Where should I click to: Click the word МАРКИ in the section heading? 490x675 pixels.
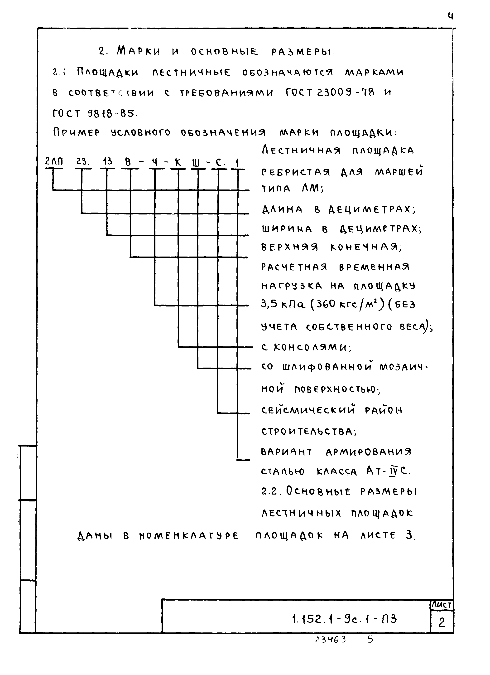139,51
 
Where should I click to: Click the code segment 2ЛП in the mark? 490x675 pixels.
54,162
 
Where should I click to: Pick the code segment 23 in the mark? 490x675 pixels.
82,162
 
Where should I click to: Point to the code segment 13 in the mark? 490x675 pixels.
107,162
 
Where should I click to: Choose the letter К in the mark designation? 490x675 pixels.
178,162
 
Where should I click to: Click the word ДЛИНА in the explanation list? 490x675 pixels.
282,209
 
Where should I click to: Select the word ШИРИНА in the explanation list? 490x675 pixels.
287,229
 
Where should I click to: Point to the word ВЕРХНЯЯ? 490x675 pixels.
289,247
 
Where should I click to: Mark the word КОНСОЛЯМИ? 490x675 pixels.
312,347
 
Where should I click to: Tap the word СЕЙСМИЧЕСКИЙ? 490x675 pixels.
308,410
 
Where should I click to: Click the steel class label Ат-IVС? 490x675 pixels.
388,471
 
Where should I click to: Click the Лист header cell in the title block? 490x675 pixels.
442,605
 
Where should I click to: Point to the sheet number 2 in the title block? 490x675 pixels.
442,622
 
